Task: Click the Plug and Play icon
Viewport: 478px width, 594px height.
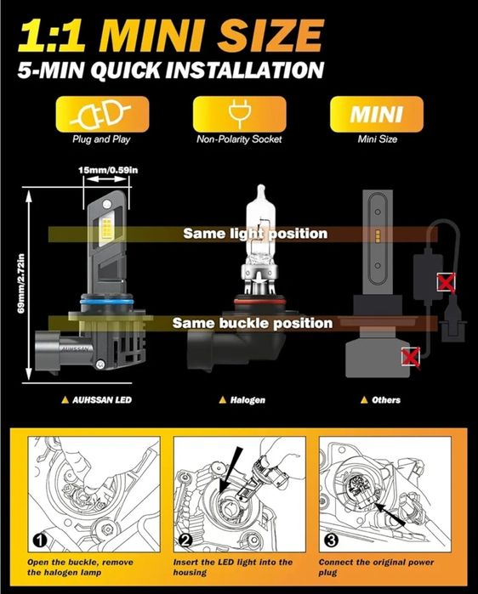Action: click(x=102, y=114)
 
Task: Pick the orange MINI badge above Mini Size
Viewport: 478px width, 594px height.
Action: click(x=377, y=114)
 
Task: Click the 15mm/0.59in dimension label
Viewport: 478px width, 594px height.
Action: click(x=108, y=170)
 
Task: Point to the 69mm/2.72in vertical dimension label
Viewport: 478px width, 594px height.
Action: click(x=21, y=284)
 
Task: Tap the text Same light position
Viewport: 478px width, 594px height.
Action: click(x=255, y=234)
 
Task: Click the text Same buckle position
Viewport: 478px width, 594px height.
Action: click(x=253, y=323)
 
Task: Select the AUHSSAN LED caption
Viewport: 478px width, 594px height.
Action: click(x=97, y=400)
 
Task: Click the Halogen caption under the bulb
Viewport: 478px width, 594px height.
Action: click(x=242, y=400)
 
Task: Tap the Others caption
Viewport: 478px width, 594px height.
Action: click(x=380, y=400)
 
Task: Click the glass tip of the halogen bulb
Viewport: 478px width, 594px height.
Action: click(x=261, y=191)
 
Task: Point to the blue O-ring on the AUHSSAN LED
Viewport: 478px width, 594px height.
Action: click(x=106, y=302)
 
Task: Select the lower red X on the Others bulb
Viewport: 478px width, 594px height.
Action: click(x=411, y=357)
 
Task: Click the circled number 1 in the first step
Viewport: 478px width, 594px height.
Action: click(x=40, y=540)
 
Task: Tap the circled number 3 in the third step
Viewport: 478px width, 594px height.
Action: click(x=332, y=540)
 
